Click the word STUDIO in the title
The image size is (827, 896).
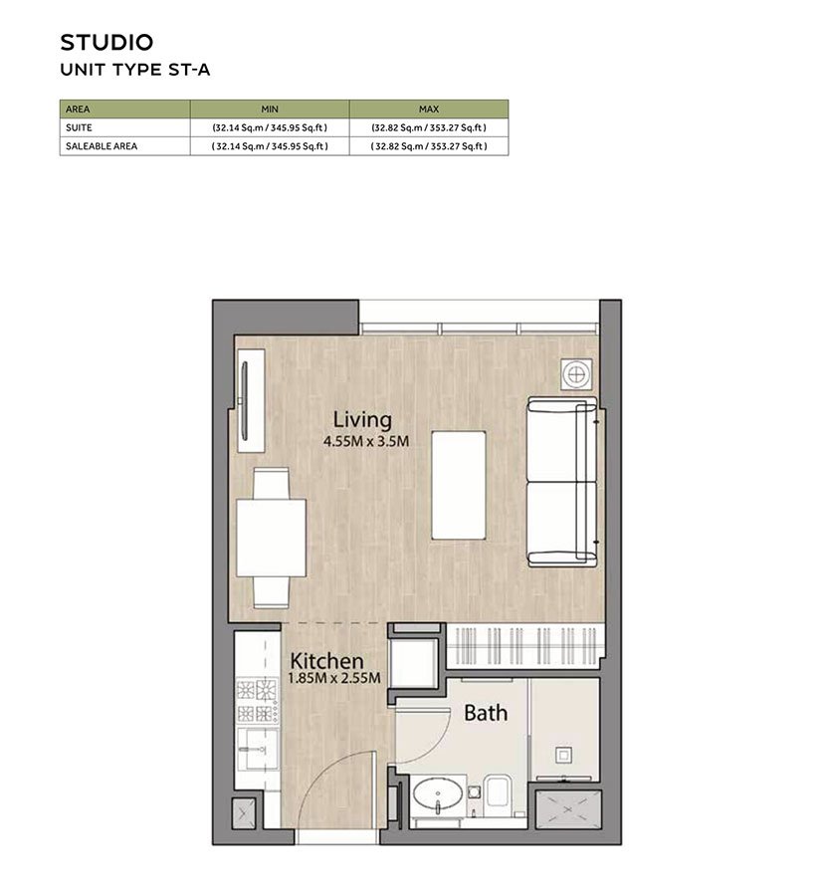106,42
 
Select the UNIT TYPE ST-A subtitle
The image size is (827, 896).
134,70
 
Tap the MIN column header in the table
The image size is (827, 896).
269,109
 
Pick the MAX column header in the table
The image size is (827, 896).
429,109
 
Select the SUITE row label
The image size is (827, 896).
79,127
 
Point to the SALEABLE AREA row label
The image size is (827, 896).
101,145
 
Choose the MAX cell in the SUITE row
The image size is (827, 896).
429,127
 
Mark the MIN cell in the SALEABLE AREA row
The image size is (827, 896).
269,145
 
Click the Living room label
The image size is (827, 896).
362,419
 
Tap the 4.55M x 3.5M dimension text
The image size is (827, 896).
366,441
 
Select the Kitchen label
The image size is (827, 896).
326,661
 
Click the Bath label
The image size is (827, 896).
486,713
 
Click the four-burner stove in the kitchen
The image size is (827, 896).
256,700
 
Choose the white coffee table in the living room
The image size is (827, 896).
458,485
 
